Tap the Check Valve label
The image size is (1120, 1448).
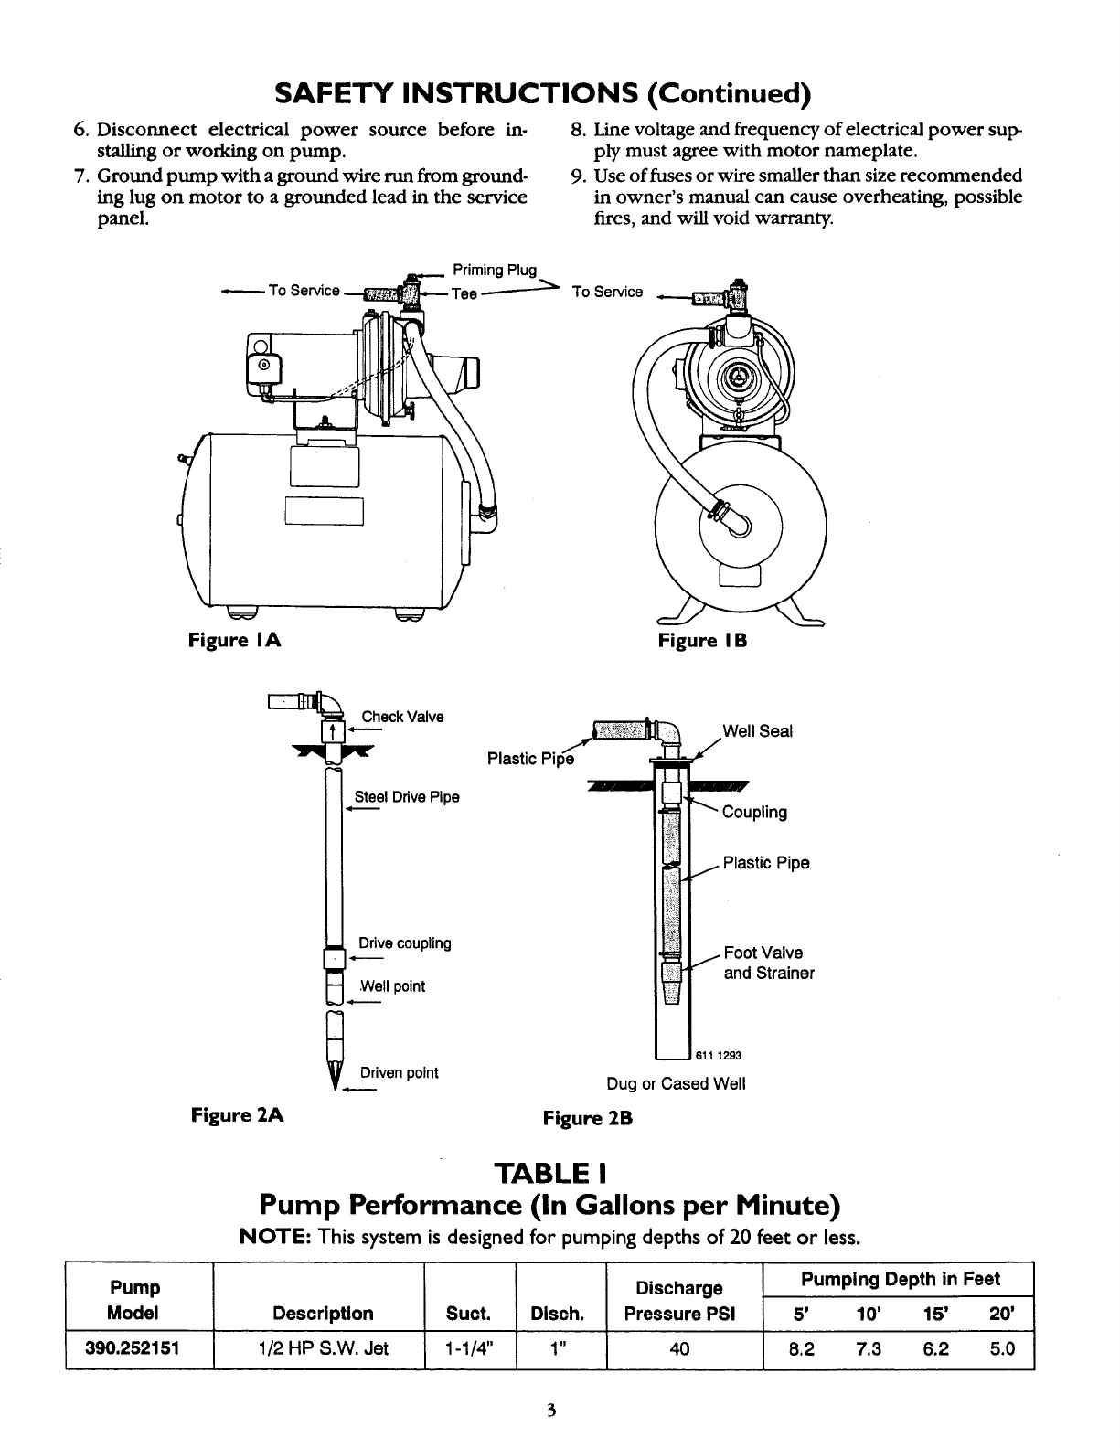[402, 717]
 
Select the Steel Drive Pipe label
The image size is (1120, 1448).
[407, 797]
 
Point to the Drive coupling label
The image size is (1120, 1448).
[405, 943]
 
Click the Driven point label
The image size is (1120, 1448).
[400, 1072]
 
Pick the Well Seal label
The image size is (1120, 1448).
[757, 731]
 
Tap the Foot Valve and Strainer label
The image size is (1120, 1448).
[768, 964]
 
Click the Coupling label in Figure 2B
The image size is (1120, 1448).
[754, 813]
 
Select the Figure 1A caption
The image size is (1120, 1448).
[234, 640]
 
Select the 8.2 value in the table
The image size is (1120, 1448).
[802, 1348]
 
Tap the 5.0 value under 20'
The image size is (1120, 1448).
[1003, 1348]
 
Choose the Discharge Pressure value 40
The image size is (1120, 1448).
[679, 1348]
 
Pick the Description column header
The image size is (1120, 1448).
[324, 1314]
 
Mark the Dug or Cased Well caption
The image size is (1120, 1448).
[676, 1084]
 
